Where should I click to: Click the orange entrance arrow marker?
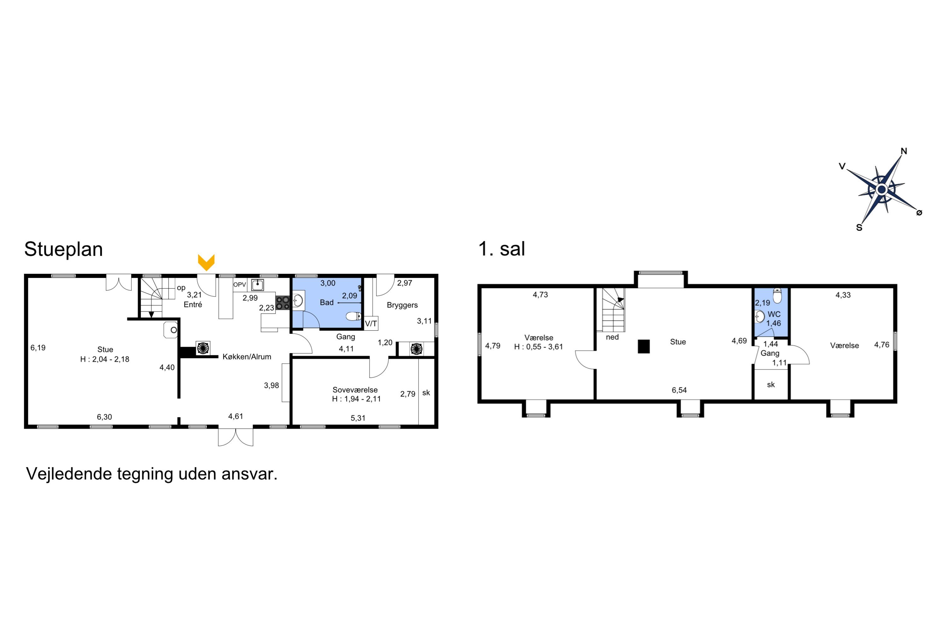click(206, 262)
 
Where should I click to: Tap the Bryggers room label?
click(402, 305)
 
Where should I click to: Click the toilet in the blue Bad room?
click(353, 316)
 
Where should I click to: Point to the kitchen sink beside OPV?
click(257, 285)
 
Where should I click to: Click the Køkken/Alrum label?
click(247, 357)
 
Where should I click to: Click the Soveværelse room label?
click(355, 390)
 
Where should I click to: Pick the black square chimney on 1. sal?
click(644, 346)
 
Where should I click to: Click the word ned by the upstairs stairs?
click(612, 337)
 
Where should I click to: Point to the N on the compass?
click(903, 151)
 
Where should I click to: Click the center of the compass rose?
click(882, 189)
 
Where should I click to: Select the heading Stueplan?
click(64, 249)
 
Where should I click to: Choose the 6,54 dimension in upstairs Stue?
click(679, 390)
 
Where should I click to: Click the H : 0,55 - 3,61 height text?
click(539, 347)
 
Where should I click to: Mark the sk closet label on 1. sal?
click(771, 385)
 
